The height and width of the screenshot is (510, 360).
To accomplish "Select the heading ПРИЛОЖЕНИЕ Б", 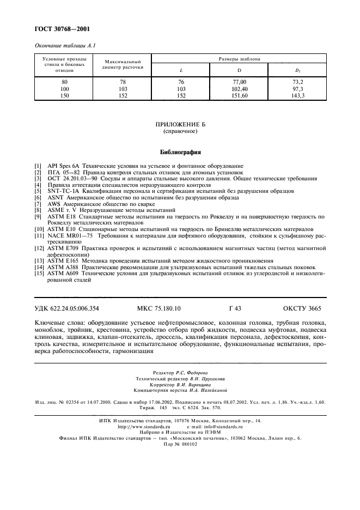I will pyautogui.click(x=180, y=125).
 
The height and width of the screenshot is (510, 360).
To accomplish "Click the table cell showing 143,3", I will pyautogui.click(x=298, y=95).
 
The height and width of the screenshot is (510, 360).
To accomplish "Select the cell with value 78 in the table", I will pyautogui.click(x=123, y=81).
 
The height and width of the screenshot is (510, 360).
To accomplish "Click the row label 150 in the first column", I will pyautogui.click(x=65, y=95).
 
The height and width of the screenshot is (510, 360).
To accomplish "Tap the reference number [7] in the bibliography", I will pyautogui.click(x=37, y=204).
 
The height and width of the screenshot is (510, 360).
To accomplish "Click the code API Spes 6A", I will pyautogui.click(x=63, y=165).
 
